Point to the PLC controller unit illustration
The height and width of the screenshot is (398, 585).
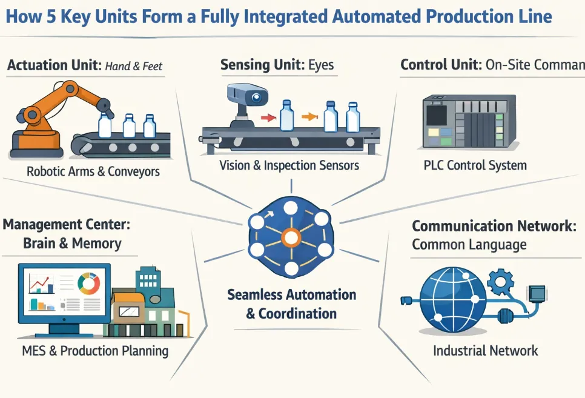[x=468, y=121]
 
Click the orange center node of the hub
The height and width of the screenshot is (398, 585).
[x=291, y=238]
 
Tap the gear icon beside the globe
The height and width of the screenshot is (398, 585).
[x=500, y=280]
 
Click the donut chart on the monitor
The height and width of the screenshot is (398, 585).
[x=89, y=284]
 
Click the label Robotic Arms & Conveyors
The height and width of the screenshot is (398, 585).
[x=93, y=171]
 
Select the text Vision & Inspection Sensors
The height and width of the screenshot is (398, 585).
[x=289, y=165]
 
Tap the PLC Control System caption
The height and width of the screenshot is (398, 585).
[x=474, y=165]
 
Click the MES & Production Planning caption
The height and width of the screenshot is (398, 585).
[x=95, y=351]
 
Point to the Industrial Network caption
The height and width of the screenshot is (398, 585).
[x=485, y=350]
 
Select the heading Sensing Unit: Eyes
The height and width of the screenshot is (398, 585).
[x=277, y=65]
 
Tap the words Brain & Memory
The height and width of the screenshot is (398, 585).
[x=72, y=244]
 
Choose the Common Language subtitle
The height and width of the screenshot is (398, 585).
[x=469, y=245]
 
